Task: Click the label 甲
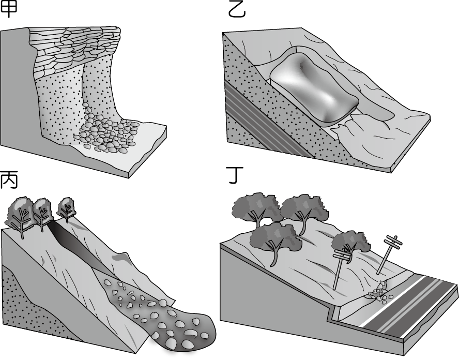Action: pyautogui.click(x=8, y=9)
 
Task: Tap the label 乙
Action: pyautogui.click(x=237, y=10)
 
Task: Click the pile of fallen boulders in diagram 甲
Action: pyautogui.click(x=107, y=130)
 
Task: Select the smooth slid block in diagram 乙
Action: pyautogui.click(x=314, y=87)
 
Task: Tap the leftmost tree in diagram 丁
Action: pyautogui.click(x=255, y=209)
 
